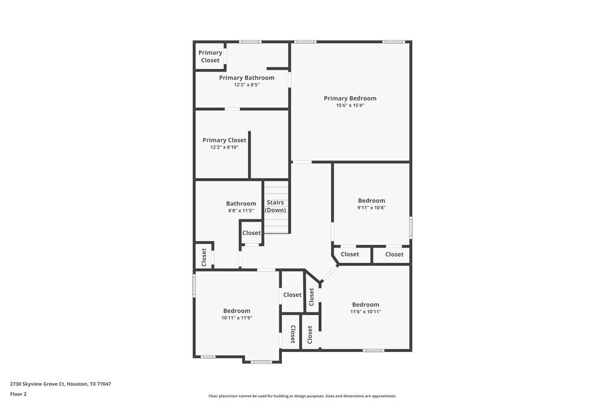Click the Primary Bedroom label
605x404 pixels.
[x=350, y=98]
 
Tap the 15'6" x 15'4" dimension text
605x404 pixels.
[x=350, y=105]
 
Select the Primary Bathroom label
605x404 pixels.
[x=246, y=78]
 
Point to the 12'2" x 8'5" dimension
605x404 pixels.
[x=246, y=85]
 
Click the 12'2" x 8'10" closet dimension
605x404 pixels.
[x=224, y=147]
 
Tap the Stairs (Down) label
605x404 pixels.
[x=275, y=206]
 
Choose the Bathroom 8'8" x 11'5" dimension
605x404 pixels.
[x=241, y=211]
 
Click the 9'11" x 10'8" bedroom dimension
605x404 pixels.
[x=371, y=208]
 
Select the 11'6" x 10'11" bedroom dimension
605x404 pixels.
[x=365, y=312]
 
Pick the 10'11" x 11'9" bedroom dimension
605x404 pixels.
[x=236, y=318]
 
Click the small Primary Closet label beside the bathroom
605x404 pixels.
[x=210, y=56]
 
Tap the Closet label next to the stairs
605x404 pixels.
[x=252, y=233]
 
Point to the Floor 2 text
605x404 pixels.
[x=18, y=394]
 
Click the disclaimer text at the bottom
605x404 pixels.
[x=302, y=396]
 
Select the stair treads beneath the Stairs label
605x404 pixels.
[x=277, y=224]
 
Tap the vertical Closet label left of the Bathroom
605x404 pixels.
[x=204, y=257]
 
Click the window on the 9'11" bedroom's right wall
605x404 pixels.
[x=411, y=227]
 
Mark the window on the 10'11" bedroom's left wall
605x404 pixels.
[x=194, y=285]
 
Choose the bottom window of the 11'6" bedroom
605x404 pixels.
[x=373, y=350]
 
